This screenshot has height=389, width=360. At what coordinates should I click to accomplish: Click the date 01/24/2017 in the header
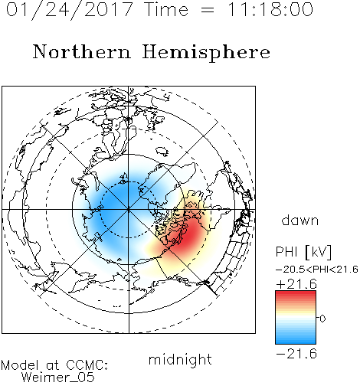coord(70,10)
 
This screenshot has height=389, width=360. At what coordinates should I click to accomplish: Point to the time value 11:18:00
coord(270,9)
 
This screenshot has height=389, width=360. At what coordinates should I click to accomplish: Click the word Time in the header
coord(166,9)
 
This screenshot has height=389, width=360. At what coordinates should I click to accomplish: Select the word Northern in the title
coord(81,51)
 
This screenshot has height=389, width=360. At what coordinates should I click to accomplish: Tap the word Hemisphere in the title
coord(206,52)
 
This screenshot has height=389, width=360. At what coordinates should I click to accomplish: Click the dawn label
coord(300,220)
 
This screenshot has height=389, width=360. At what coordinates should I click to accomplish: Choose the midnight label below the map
coord(180,360)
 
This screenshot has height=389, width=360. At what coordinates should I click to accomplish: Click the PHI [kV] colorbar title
coord(303,252)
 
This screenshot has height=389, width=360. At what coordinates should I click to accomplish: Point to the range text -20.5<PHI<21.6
coord(317,270)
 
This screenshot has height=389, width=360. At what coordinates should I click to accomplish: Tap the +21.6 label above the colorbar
coord(296,284)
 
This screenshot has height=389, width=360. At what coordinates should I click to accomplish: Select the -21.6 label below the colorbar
coord(296,354)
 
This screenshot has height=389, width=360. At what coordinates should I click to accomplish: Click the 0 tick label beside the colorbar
coord(322,319)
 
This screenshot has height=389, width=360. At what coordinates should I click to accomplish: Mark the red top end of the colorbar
coord(296,293)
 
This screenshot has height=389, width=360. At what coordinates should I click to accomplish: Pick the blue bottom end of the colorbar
coord(296,342)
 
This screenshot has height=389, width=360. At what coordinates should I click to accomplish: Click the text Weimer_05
coord(58,378)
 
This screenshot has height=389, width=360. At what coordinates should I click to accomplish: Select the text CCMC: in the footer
coord(87,365)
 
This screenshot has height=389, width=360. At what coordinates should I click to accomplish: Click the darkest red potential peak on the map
coord(189,236)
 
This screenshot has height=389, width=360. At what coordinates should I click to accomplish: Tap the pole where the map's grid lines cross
coord(129,210)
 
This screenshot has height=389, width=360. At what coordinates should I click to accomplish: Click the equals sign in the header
coord(208,10)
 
